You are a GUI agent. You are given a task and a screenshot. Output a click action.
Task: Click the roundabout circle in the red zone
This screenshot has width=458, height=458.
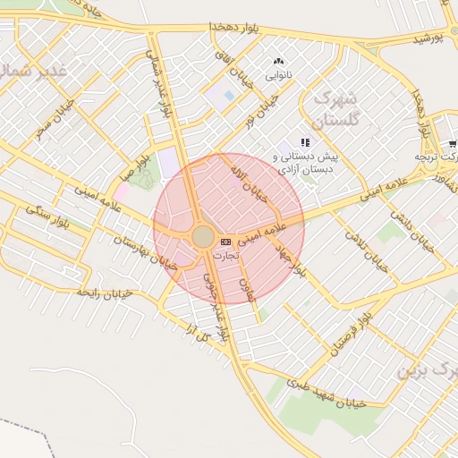tap(203, 237)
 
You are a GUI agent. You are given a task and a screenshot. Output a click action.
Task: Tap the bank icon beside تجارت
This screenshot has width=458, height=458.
tap(225, 242)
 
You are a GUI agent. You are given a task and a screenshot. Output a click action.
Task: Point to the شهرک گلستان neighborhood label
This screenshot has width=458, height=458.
tap(337, 108)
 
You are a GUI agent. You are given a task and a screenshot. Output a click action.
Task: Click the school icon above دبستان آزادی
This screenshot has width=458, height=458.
tap(305, 142)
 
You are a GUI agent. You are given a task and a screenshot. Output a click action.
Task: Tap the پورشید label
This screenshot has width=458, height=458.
tap(428, 39)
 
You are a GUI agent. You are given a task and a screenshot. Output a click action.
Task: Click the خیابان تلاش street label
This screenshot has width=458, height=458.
tap(367, 241)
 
